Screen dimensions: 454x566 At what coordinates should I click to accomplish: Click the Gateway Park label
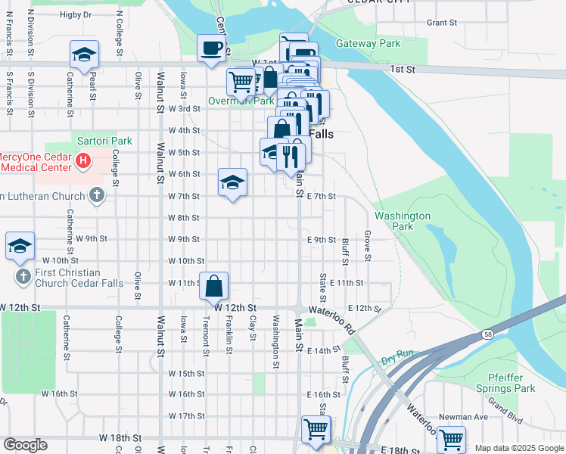(x=368, y=43)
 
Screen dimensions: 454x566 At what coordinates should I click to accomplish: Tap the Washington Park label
(x=403, y=221)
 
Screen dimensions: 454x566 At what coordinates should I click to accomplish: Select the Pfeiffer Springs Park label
(x=500, y=383)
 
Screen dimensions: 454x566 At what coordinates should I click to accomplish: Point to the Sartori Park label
(x=104, y=141)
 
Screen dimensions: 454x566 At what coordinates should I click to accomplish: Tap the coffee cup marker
(x=210, y=48)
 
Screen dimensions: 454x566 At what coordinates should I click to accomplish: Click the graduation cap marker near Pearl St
(x=84, y=54)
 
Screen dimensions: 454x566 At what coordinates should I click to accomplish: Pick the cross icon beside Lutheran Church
(x=95, y=196)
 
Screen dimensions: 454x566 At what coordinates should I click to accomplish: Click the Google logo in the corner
(x=25, y=445)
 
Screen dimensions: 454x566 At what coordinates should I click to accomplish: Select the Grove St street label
(x=368, y=246)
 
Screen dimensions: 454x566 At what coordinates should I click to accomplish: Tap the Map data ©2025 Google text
(x=518, y=448)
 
